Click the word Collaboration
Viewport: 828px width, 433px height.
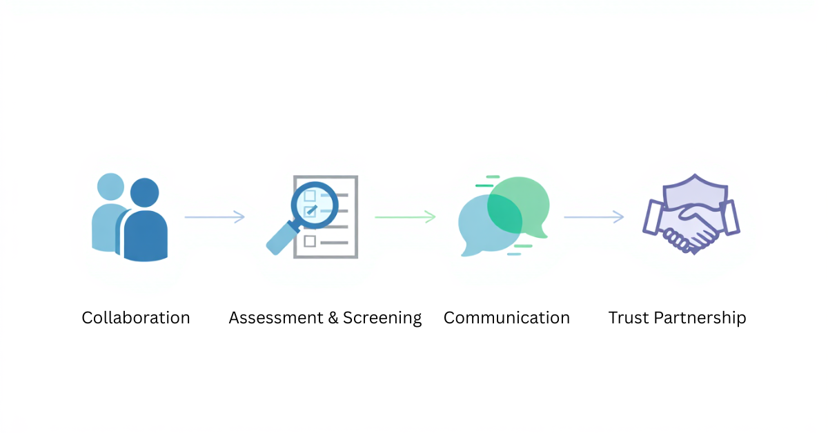(135, 318)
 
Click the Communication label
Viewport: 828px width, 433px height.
(506, 318)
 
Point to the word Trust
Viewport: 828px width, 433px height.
(628, 318)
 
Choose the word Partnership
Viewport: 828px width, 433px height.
(700, 319)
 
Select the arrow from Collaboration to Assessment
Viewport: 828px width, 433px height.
(215, 217)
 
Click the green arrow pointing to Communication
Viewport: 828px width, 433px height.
(405, 217)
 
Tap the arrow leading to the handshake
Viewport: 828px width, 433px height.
(593, 217)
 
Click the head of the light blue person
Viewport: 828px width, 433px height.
(110, 186)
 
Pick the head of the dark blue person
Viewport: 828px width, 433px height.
(145, 192)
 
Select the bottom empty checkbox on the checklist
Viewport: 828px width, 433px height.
(310, 241)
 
